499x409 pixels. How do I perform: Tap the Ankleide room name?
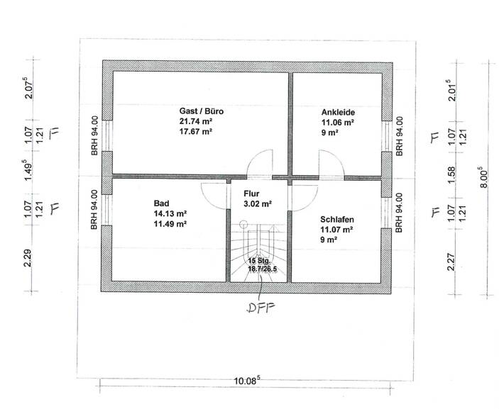tap(338, 112)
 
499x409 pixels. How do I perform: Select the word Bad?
tap(160, 202)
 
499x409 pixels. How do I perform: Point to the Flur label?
tap(252, 193)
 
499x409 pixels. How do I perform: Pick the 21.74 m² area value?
tap(197, 121)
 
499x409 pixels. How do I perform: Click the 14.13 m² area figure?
tap(170, 213)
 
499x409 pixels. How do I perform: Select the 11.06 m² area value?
tap(338, 122)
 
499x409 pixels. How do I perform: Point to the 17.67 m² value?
tap(197, 131)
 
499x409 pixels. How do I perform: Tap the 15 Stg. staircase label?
tap(259, 261)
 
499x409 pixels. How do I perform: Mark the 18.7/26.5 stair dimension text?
tap(261, 270)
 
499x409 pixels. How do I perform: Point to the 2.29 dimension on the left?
tap(28, 255)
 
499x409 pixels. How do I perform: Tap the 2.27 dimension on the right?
tap(449, 256)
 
